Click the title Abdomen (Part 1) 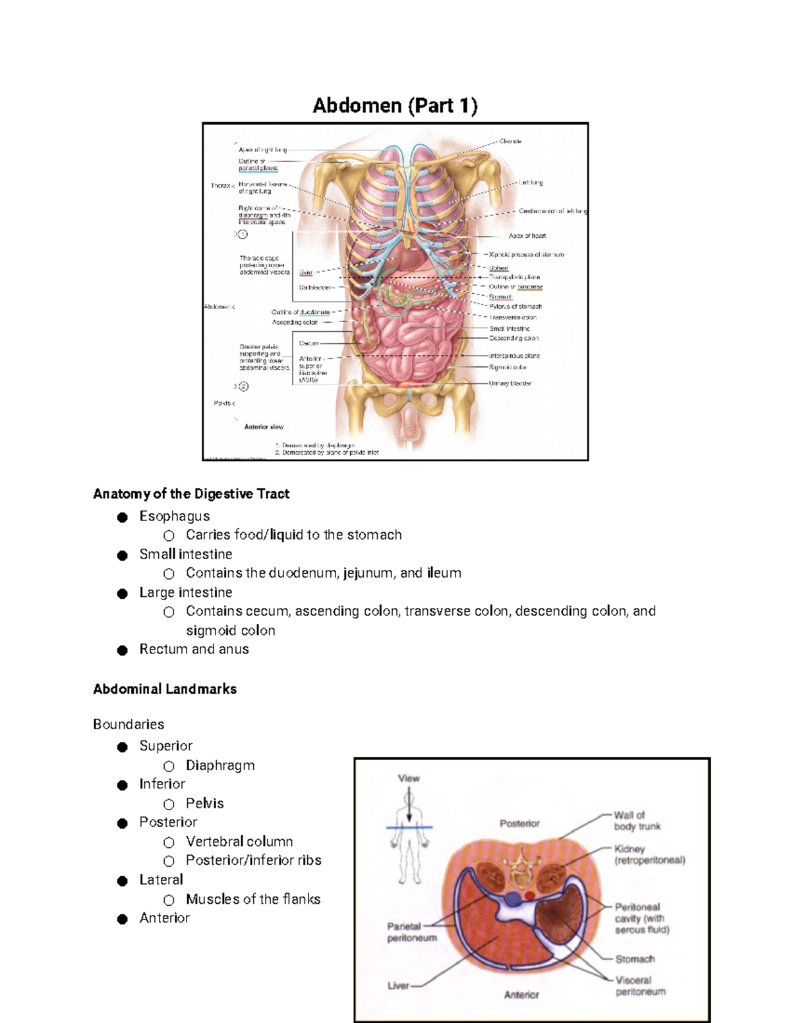[x=395, y=105]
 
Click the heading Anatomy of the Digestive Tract [x=191, y=494]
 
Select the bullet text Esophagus [x=174, y=516]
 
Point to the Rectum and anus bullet [x=194, y=650]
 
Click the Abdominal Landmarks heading [x=165, y=689]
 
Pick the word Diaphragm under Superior [x=220, y=765]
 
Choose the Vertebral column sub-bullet [x=239, y=842]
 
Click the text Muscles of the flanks [x=253, y=899]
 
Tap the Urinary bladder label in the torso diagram [x=510, y=383]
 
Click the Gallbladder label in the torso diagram [x=316, y=288]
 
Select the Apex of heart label [x=527, y=236]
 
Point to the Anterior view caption [x=264, y=427]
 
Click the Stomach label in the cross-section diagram [x=635, y=959]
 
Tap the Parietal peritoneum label [x=411, y=932]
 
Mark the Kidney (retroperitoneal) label [x=649, y=854]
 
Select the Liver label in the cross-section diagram [x=398, y=986]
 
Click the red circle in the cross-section [x=530, y=895]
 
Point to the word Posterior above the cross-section [x=519, y=823]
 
